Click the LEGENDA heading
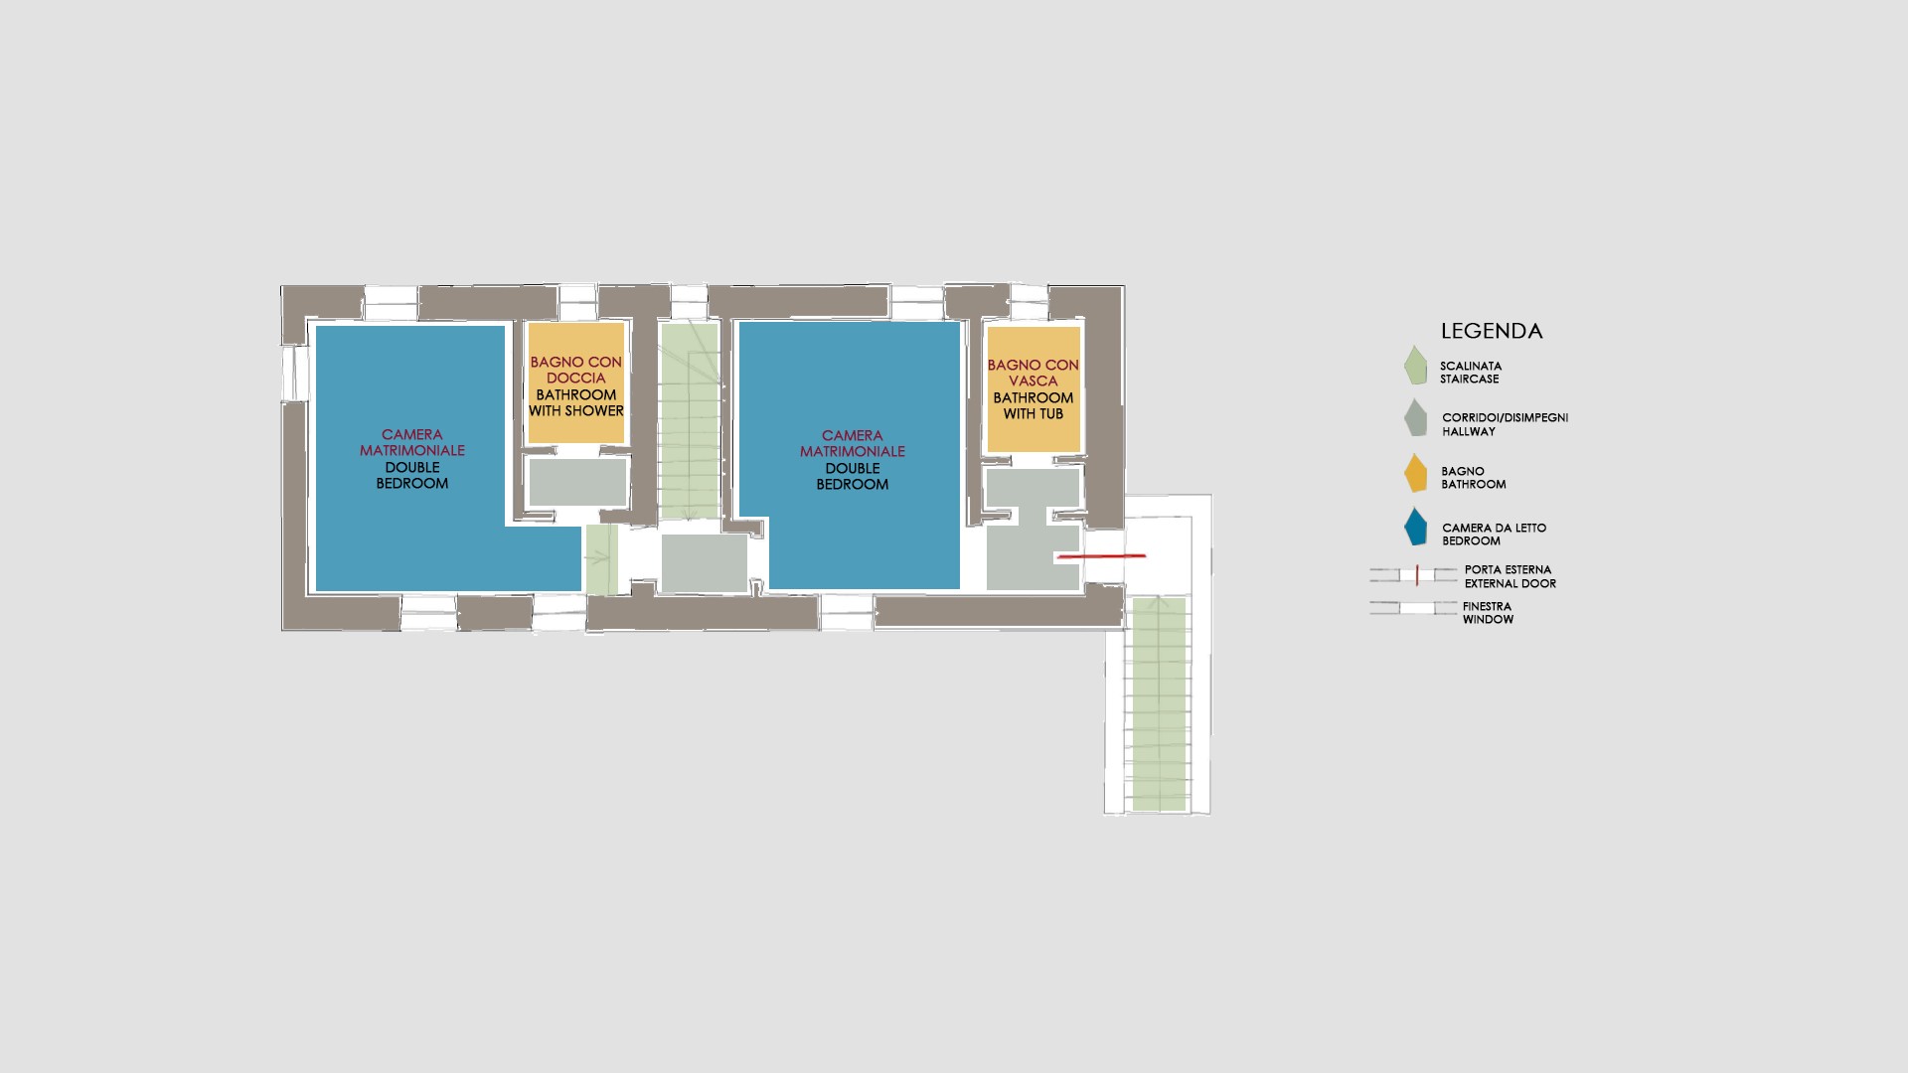click(1492, 331)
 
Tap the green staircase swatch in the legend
click(1415, 365)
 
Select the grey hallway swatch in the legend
click(1415, 417)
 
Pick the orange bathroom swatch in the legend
click(1415, 473)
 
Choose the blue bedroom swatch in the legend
click(1415, 527)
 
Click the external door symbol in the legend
click(1415, 574)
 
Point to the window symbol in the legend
click(1415, 608)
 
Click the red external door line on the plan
click(1101, 556)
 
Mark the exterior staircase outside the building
click(1159, 703)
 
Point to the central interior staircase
click(689, 419)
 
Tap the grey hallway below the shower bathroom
click(577, 482)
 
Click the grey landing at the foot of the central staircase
click(705, 563)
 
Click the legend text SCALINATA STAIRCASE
click(1471, 373)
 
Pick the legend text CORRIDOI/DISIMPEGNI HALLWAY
click(1505, 424)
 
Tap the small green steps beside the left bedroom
click(600, 559)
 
